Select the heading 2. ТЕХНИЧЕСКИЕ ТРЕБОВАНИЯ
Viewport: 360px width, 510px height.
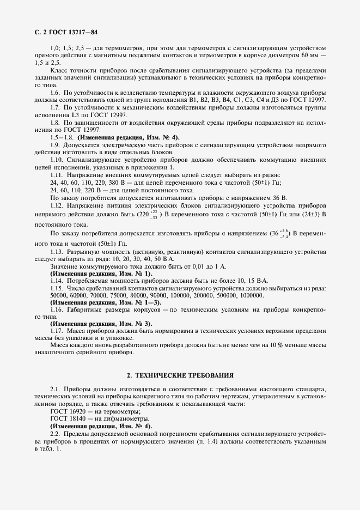pyautogui.click(x=180, y=376)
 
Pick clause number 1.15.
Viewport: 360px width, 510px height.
pyautogui.click(x=57, y=288)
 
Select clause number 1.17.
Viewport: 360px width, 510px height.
pyautogui.click(x=57, y=331)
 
